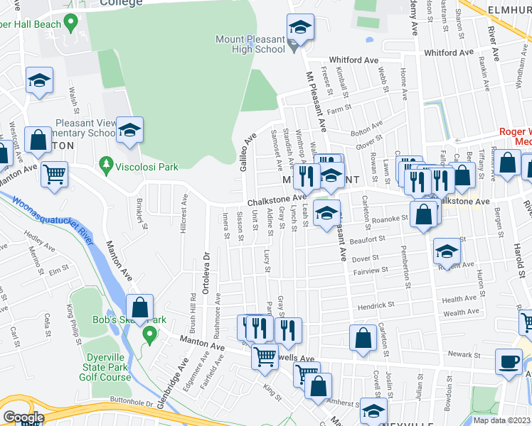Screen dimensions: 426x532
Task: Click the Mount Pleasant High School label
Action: click(250, 44)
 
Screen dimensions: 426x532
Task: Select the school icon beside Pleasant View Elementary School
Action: click(129, 130)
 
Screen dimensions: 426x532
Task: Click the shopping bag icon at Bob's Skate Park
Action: click(140, 308)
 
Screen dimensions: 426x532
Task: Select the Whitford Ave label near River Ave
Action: click(448, 53)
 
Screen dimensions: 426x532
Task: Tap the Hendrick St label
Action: click(376, 305)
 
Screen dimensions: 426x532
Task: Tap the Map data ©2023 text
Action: click(501, 420)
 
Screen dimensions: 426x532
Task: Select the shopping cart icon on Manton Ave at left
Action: click(54, 174)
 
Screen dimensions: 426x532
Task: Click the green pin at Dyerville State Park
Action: click(149, 332)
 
